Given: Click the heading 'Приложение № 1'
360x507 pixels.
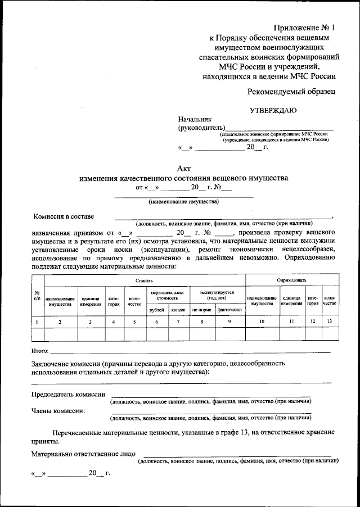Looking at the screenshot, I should tap(304, 28).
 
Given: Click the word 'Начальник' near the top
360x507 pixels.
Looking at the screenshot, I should tap(194, 119).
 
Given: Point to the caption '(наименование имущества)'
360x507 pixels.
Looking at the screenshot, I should tap(183, 201).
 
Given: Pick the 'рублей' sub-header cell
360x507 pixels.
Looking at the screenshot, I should tap(156, 310).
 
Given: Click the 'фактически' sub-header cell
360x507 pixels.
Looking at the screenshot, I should tap(229, 310).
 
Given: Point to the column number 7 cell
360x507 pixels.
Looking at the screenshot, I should tap(178, 322).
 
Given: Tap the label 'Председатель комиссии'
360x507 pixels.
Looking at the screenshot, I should tap(68, 395).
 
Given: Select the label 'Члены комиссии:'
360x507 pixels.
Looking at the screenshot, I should tap(58, 411).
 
